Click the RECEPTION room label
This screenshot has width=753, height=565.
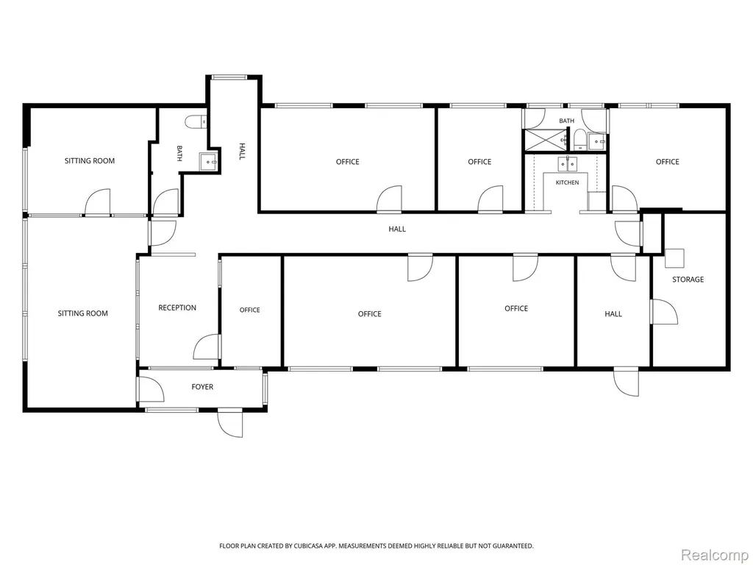tap(177, 308)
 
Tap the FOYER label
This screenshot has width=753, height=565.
tap(202, 387)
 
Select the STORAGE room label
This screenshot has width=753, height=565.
tap(688, 279)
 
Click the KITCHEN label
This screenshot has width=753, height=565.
tap(567, 182)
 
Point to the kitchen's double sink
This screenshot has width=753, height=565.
tap(567, 164)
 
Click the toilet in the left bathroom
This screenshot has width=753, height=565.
tap(196, 121)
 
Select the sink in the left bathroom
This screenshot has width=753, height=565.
tap(209, 161)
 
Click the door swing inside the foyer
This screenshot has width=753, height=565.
tap(150, 389)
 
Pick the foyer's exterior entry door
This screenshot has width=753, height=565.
tap(230, 424)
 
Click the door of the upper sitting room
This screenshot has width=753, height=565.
tap(98, 202)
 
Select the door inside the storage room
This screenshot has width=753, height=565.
tap(664, 311)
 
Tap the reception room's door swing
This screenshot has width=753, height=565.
tap(207, 347)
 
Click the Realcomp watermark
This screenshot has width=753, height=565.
tap(715, 555)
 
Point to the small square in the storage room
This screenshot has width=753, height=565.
tap(674, 258)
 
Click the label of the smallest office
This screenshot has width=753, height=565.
tap(250, 310)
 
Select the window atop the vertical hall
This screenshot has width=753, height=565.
tap(229, 77)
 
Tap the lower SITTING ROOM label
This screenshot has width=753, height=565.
tap(82, 313)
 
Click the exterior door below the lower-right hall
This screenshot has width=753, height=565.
tap(627, 382)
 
